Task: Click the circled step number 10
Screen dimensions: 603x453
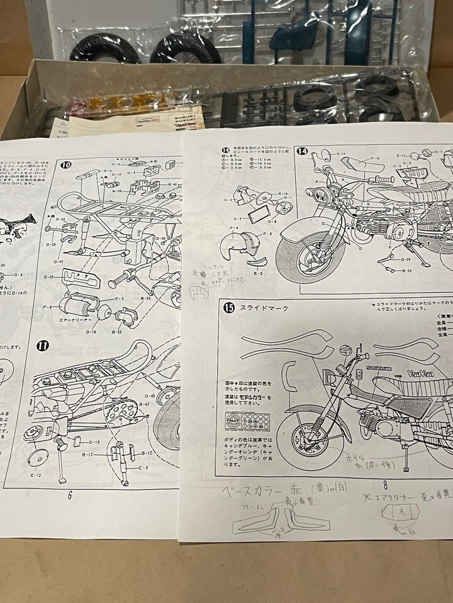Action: click(67, 165)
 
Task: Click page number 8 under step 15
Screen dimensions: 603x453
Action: click(386, 484)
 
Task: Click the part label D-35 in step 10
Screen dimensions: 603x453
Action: click(50, 277)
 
